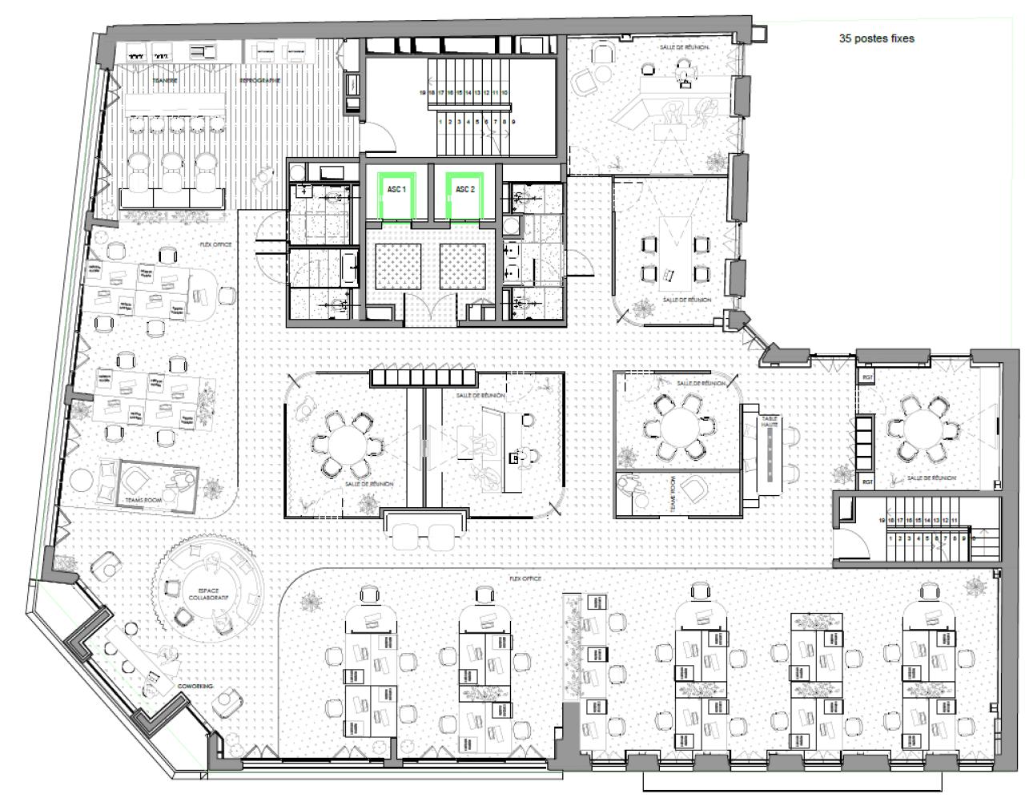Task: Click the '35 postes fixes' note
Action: point(876,38)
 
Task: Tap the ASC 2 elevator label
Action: point(465,189)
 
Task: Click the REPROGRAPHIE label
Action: point(259,81)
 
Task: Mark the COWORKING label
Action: point(195,687)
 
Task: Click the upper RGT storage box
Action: point(867,376)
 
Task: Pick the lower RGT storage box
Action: point(867,482)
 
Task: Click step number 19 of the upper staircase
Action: point(422,93)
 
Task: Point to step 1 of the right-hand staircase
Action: point(891,539)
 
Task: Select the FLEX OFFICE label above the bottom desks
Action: point(525,578)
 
